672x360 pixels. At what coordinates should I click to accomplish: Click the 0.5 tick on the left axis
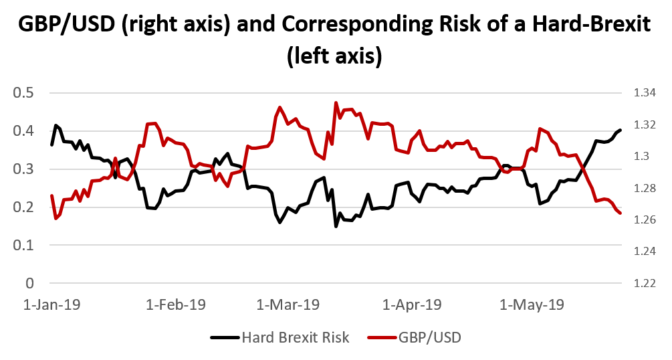[x=24, y=93]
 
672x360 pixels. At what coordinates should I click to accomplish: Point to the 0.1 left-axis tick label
[x=24, y=246]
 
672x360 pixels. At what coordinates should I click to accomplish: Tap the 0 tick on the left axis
[x=29, y=284]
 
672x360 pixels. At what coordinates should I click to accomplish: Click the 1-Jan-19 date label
[x=52, y=304]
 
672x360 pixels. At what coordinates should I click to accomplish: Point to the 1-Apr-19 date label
[x=412, y=304]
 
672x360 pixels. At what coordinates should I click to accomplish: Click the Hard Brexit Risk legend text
[x=296, y=337]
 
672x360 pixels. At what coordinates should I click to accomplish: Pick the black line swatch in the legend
[x=225, y=337]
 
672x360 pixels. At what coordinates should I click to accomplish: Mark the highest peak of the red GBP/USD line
[x=336, y=103]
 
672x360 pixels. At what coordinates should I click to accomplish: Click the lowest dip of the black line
[x=336, y=226]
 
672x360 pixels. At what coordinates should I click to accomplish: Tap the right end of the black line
[x=621, y=130]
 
